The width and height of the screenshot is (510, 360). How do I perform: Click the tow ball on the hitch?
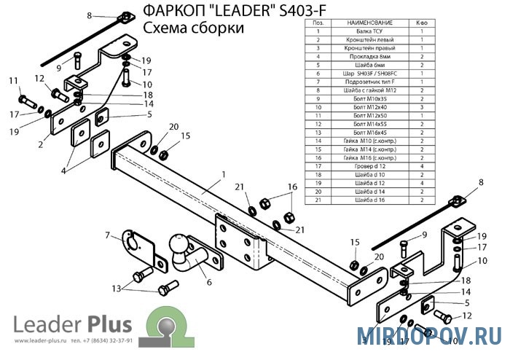coord(178,244)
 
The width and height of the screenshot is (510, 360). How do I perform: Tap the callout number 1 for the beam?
coord(224,173)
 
